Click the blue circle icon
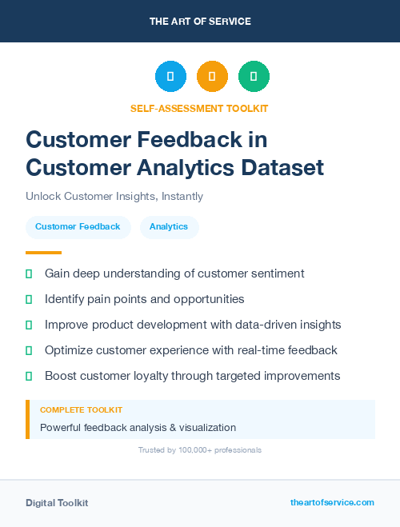click(x=170, y=77)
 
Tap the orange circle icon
click(x=212, y=77)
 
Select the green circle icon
click(x=254, y=77)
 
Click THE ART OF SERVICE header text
click(x=200, y=22)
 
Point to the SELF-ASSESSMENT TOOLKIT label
click(x=200, y=108)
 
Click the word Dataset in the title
click(x=284, y=167)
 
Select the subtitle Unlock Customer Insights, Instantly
click(x=114, y=196)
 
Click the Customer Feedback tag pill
click(x=78, y=226)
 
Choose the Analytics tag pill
click(x=169, y=226)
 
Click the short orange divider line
click(x=43, y=253)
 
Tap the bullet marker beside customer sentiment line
click(x=29, y=273)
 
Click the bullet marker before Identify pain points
click(x=29, y=299)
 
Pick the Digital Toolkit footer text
click(x=57, y=503)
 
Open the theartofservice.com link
click(x=332, y=502)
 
